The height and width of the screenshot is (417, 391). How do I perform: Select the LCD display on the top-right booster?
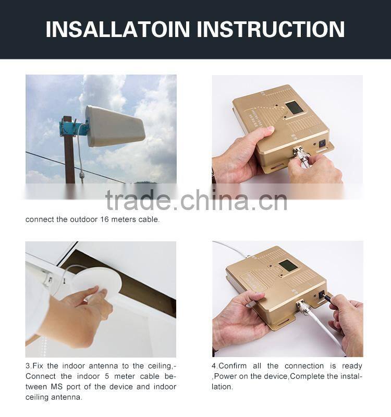coord(295,108)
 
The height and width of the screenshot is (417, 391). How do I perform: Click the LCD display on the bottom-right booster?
coord(288,266)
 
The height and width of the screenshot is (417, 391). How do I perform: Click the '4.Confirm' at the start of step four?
coord(230,366)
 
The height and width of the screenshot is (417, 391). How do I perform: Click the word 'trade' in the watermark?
coord(137,200)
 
